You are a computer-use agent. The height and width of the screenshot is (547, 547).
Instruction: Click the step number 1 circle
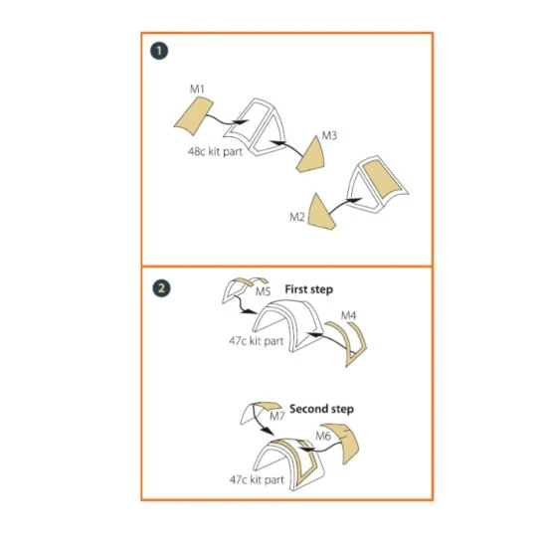[x=159, y=51]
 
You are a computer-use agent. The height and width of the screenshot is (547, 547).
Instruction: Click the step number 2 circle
[x=161, y=288]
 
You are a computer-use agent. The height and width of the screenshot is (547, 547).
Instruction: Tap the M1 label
[x=197, y=89]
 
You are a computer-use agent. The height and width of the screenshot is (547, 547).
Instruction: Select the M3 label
[x=329, y=135]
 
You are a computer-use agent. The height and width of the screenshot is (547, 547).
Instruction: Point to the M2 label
[x=297, y=217]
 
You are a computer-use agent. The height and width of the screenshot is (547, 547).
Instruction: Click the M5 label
[x=263, y=291]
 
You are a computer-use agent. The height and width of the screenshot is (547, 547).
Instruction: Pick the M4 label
[x=348, y=315]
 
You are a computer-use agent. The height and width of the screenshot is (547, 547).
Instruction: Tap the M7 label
[x=277, y=416]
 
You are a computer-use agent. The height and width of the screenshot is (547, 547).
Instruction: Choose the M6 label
[x=323, y=436]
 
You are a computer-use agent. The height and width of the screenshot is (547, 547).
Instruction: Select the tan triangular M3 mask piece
[x=311, y=156]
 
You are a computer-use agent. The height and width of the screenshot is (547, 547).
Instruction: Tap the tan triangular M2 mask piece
[x=320, y=213]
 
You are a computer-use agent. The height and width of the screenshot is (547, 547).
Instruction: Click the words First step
[x=308, y=289]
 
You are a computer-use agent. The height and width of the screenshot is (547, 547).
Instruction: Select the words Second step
[x=321, y=409]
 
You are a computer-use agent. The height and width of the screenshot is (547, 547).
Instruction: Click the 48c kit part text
[x=215, y=152]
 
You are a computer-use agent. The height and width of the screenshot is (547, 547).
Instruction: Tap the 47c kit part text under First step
[x=257, y=341]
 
